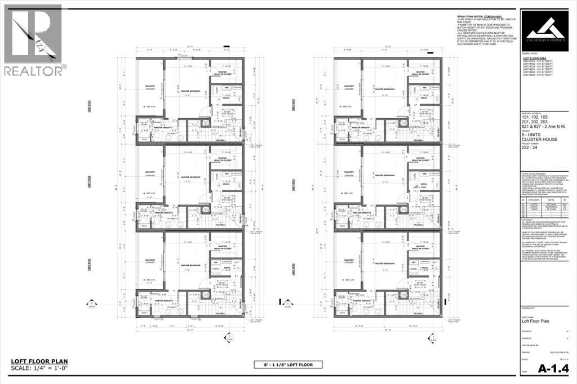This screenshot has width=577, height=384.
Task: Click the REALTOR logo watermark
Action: coord(34,39)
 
